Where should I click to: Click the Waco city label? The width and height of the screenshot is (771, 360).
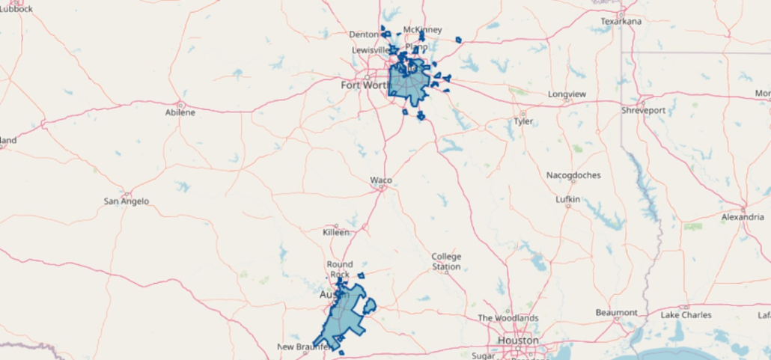(381, 180)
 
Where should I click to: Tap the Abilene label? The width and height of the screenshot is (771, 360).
(180, 112)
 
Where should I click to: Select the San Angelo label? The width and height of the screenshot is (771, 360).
(126, 201)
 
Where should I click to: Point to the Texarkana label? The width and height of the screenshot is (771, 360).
(621, 22)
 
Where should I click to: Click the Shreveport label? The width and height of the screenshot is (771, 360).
(643, 110)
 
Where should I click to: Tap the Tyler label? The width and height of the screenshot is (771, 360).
(522, 121)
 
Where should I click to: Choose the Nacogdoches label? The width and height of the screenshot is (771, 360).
(573, 175)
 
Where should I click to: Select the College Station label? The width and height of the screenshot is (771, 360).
(446, 261)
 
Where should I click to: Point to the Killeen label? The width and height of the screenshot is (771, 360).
(336, 233)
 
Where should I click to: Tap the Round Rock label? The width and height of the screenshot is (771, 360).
(340, 269)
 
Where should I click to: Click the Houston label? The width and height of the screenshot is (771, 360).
(518, 341)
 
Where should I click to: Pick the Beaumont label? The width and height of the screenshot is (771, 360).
(616, 312)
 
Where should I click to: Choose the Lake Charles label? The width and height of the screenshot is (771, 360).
(686, 315)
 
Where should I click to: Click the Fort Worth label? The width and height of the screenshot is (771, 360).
(365, 85)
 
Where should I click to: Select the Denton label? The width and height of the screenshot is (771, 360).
(364, 34)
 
